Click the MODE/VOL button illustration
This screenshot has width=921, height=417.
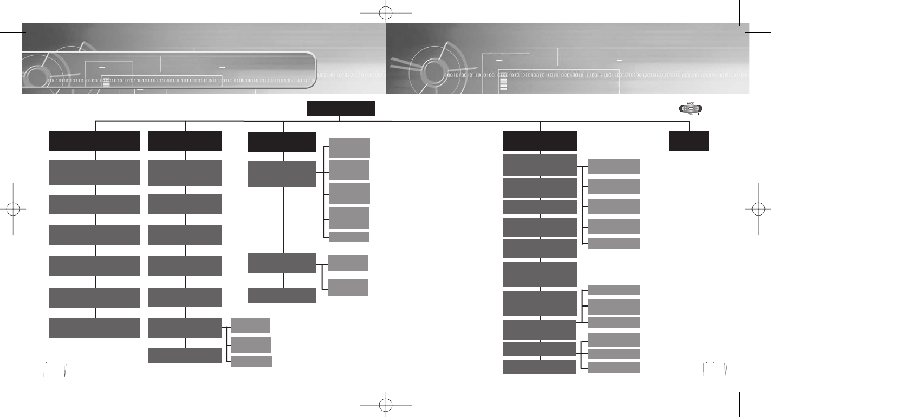click(690, 108)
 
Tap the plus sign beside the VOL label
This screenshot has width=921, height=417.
click(699, 114)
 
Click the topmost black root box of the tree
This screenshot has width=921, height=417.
click(340, 109)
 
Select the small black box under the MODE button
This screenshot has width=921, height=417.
click(689, 141)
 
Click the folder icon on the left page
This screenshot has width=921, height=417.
click(54, 369)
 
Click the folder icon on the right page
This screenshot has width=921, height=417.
click(715, 369)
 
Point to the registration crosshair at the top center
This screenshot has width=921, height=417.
click(385, 12)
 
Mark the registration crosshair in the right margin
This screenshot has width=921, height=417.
click(758, 208)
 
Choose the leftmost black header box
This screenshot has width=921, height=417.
click(94, 140)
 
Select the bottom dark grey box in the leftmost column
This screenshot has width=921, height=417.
click(94, 328)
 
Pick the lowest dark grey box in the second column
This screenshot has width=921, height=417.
click(184, 356)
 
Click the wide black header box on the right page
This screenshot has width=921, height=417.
click(540, 140)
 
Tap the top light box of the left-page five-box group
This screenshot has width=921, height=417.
click(349, 147)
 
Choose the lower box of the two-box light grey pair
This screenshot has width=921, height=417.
click(348, 288)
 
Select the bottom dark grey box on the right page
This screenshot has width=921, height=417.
click(540, 367)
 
